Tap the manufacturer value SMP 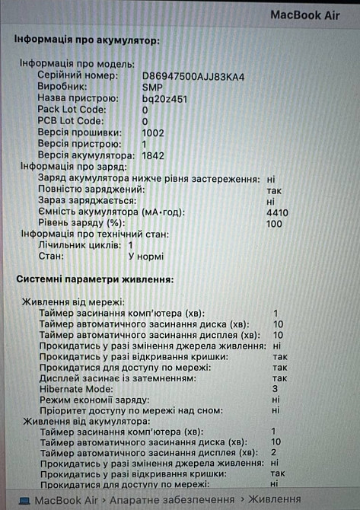click(x=152, y=88)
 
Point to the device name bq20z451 click(x=164, y=99)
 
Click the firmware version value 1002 click(x=153, y=132)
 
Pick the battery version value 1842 click(x=153, y=155)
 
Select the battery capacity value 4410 click(x=277, y=212)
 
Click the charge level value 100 click(x=274, y=224)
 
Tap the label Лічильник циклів click(x=80, y=246)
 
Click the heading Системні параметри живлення click(x=95, y=280)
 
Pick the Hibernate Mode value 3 click(x=275, y=389)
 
